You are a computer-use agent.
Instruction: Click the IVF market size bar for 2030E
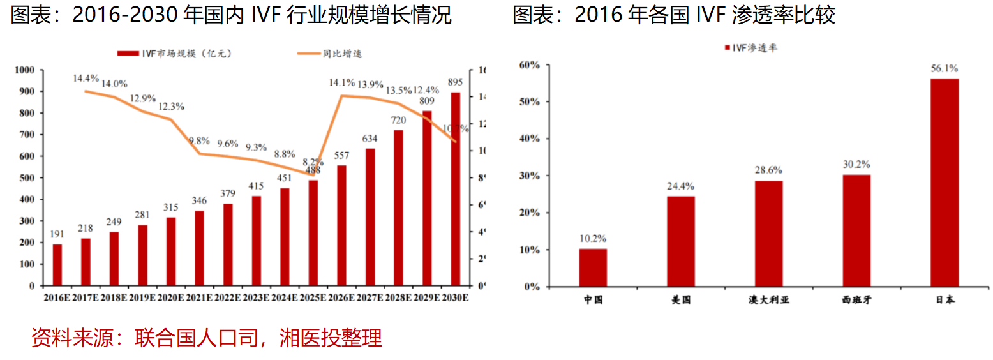pyautogui.click(x=456, y=189)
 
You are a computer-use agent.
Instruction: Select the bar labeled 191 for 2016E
pyautogui.click(x=57, y=265)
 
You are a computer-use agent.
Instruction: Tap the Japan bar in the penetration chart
pyautogui.click(x=944, y=183)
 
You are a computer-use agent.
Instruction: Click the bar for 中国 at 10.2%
pyautogui.click(x=593, y=267)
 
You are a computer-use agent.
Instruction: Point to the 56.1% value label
pyautogui.click(x=944, y=68)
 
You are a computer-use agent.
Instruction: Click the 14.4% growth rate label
pyautogui.click(x=86, y=79)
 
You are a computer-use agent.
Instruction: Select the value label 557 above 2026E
pyautogui.click(x=342, y=156)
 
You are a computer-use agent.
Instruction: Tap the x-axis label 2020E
pyautogui.click(x=171, y=297)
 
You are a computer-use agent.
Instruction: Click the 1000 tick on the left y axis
pyautogui.click(x=25, y=70)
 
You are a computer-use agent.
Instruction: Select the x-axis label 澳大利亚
pyautogui.click(x=768, y=300)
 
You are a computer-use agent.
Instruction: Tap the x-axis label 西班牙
pyautogui.click(x=856, y=300)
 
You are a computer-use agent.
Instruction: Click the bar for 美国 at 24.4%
pyautogui.click(x=681, y=241)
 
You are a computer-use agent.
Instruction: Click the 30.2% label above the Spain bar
pyautogui.click(x=856, y=164)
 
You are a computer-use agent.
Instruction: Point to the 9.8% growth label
pyautogui.click(x=199, y=140)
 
